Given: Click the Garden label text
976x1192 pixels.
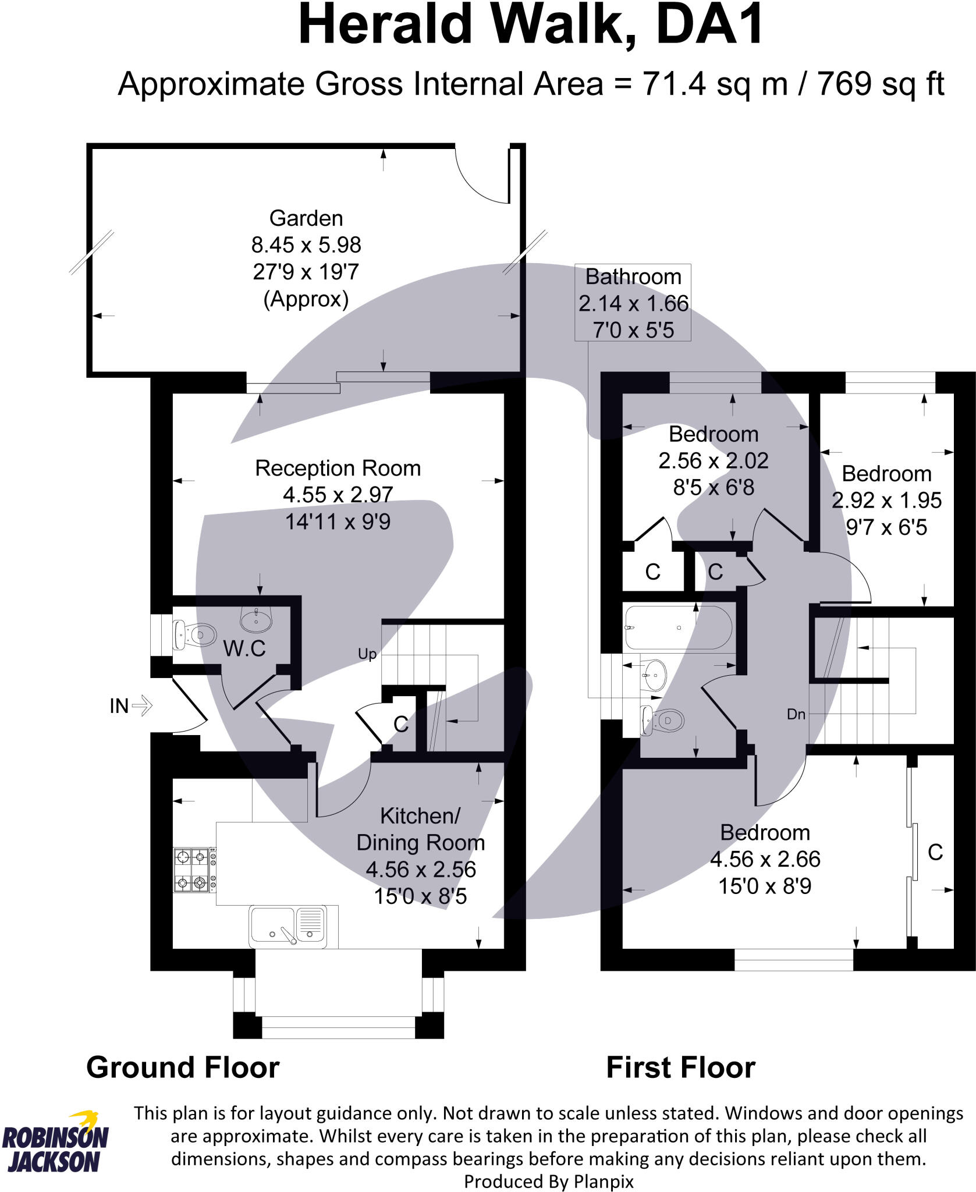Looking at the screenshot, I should [306, 219].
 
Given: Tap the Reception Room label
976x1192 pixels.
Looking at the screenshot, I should [338, 469].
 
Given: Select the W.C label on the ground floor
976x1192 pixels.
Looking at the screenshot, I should [244, 648].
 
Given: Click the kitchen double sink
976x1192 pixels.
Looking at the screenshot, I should [288, 925].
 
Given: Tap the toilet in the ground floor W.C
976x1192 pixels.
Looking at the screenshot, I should [194, 634].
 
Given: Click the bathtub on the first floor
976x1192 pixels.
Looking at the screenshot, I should [679, 627].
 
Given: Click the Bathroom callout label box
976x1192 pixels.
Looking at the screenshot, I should [633, 303].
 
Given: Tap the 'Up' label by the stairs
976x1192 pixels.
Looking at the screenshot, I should [367, 654].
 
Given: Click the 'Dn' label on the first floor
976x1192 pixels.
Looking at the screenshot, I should [796, 714].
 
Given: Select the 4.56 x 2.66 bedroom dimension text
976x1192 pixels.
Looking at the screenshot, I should [765, 860].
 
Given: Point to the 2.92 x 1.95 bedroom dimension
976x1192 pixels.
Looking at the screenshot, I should [886, 501].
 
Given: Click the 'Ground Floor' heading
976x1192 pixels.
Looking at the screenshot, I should [183, 1068].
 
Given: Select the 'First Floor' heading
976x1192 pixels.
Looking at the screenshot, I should [680, 1068].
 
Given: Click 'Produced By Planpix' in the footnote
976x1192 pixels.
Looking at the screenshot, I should [548, 1182].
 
